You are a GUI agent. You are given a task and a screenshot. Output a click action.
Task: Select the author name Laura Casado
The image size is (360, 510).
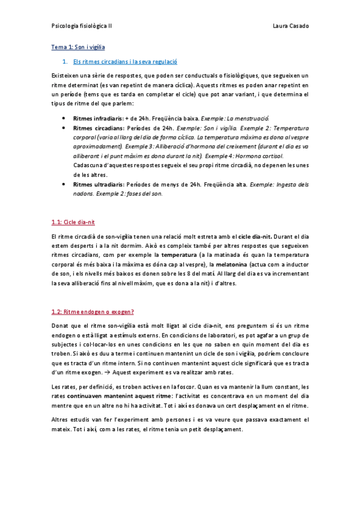pyautogui.click(x=290, y=26)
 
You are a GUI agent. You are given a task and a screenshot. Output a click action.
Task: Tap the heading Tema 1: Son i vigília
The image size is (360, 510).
pyautogui.click(x=78, y=46)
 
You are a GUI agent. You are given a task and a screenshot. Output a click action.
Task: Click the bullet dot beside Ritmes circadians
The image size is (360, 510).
pyautogui.click(x=64, y=128)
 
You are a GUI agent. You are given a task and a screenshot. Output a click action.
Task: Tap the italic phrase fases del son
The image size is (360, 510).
pyautogui.click(x=144, y=194)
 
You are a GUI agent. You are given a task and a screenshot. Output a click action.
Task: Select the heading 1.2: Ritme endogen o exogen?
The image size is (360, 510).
pyautogui.click(x=93, y=312)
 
